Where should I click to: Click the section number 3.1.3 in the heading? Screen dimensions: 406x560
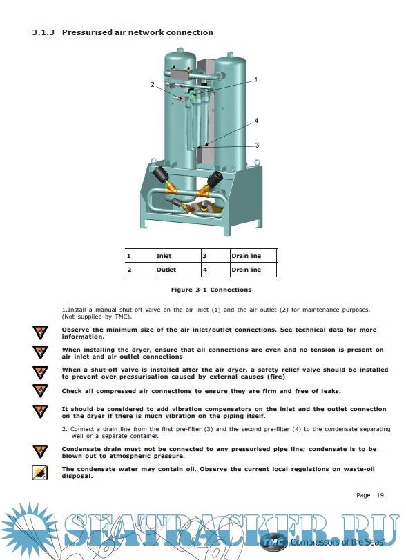(x=43, y=32)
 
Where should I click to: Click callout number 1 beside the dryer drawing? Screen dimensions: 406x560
(x=255, y=79)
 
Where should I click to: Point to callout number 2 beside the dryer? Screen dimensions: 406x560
(x=153, y=85)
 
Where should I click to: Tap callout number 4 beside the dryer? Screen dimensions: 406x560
(x=256, y=121)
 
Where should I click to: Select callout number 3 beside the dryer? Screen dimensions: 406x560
(x=257, y=145)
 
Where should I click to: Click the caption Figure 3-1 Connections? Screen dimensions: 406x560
(x=211, y=290)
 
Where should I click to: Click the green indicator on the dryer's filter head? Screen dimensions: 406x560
(x=193, y=95)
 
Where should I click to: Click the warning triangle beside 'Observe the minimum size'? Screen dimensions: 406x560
(x=40, y=332)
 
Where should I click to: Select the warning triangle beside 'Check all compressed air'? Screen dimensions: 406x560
(x=40, y=391)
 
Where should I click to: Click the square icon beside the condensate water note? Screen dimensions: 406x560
(x=40, y=472)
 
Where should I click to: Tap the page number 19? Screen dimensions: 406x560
(x=380, y=495)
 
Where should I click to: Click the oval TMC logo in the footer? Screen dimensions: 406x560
(x=273, y=543)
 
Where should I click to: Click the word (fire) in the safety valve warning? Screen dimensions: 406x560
(x=276, y=377)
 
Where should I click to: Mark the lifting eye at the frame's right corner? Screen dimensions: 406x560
(x=257, y=162)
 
